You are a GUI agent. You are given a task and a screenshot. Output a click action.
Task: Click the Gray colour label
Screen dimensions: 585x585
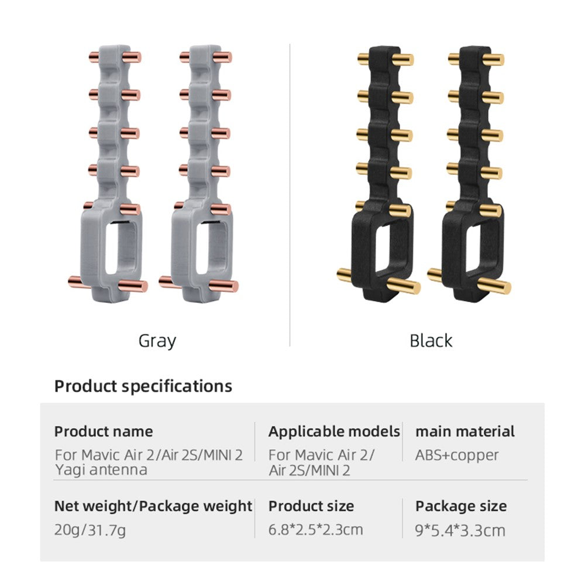[157, 341]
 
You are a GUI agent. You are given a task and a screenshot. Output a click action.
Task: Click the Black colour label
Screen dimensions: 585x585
[431, 340]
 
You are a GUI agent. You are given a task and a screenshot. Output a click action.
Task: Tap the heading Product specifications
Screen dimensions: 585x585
[143, 386]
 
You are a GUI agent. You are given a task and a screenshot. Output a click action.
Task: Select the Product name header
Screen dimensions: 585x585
[104, 431]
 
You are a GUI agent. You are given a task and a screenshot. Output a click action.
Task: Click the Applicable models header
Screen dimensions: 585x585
[334, 431]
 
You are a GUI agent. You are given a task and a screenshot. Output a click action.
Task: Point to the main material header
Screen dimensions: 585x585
[465, 431]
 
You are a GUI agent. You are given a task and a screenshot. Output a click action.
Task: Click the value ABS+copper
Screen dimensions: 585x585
[457, 455]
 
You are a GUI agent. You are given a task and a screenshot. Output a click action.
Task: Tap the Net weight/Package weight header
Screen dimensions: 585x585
[153, 506]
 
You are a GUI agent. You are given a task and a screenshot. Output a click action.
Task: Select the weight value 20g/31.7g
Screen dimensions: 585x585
[90, 530]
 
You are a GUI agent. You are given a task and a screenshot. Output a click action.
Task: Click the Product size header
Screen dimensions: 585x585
[311, 506]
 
